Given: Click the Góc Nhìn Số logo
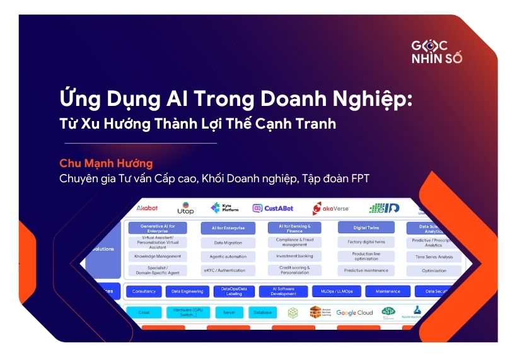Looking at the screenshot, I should [437, 52].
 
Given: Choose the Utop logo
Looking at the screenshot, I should [185, 209].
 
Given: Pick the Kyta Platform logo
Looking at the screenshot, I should [224, 208].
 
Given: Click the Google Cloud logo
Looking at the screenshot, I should [354, 313].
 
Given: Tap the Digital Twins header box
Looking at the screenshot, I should [366, 227].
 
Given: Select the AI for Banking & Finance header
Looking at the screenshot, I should [294, 228].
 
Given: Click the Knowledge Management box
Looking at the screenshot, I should [157, 257].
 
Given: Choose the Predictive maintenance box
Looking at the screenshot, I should [366, 270].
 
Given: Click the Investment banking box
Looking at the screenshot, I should [294, 256].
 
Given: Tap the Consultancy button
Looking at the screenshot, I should [144, 292].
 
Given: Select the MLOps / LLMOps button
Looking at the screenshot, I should [336, 292].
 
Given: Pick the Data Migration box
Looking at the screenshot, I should [228, 242].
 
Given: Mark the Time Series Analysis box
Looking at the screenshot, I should [434, 257].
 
